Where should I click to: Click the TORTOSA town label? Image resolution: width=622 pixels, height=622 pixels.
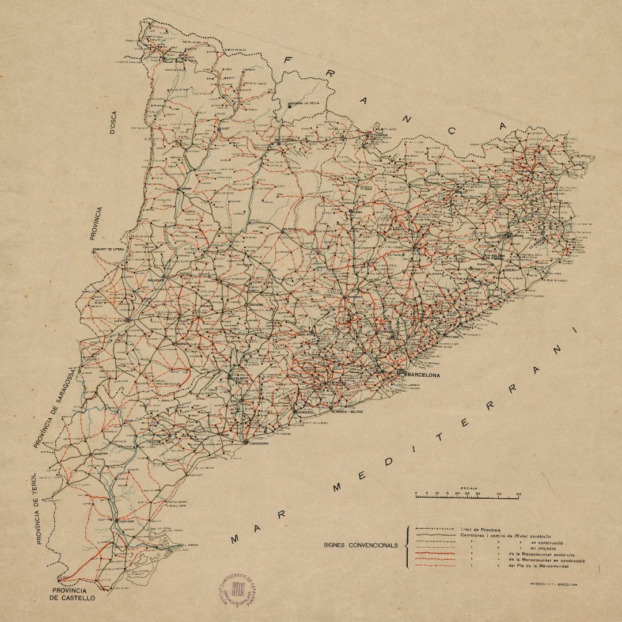click(126, 521)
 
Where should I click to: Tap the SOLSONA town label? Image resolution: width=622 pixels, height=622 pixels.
click(289, 229)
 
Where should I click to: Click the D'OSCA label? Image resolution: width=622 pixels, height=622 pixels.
click(113, 123)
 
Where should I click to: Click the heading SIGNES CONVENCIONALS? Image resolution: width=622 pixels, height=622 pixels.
click(361, 544)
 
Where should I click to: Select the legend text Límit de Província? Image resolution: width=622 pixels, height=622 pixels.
click(481, 529)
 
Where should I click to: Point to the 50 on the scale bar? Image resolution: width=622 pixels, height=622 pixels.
click(519, 494)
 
